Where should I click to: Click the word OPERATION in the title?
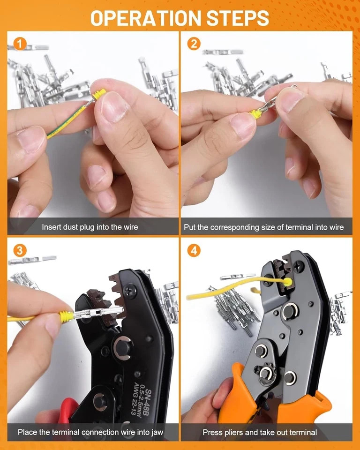[146, 18]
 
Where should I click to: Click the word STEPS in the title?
[238, 18]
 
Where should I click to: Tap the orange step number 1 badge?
[20, 44]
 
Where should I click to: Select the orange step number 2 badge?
[194, 44]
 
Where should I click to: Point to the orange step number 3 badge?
[20, 250]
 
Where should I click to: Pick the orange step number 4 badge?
[194, 250]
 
